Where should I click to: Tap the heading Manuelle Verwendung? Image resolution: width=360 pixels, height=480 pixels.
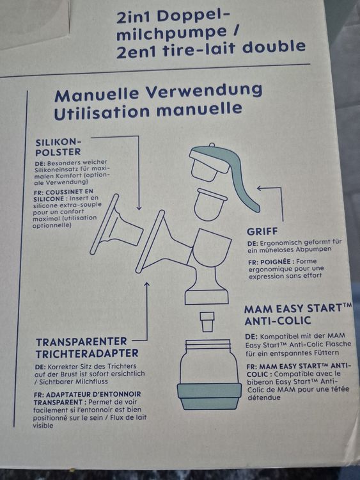(158, 93)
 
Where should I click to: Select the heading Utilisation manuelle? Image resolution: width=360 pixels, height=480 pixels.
(148, 111)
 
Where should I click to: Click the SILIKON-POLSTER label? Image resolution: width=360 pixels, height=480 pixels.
(58, 147)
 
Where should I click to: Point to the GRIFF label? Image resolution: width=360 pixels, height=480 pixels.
(262, 232)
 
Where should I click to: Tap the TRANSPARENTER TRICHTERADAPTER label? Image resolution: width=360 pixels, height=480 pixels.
(87, 348)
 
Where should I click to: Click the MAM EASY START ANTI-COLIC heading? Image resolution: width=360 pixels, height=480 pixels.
(298, 314)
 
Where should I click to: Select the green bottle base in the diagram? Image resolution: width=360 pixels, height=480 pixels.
(209, 396)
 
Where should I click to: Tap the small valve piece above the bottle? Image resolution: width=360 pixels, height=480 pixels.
(207, 322)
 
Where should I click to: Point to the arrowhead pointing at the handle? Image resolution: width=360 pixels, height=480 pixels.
(259, 188)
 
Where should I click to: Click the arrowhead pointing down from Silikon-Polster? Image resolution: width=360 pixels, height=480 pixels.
(139, 207)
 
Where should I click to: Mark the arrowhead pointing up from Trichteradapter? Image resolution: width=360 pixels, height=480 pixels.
(147, 284)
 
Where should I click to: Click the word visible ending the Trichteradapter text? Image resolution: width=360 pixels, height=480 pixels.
(43, 426)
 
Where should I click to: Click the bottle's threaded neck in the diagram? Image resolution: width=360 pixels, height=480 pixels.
(208, 345)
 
